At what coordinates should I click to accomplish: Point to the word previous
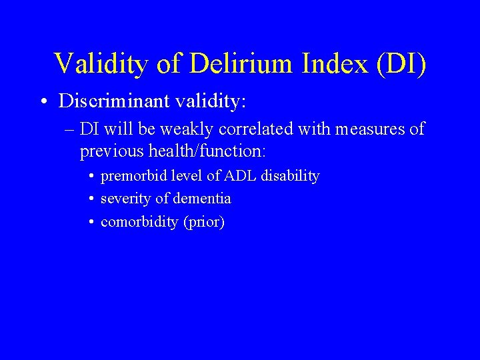109,151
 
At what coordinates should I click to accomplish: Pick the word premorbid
130,177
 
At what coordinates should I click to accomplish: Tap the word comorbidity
139,222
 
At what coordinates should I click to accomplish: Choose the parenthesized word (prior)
204,222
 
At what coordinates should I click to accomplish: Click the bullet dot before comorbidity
90,222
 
